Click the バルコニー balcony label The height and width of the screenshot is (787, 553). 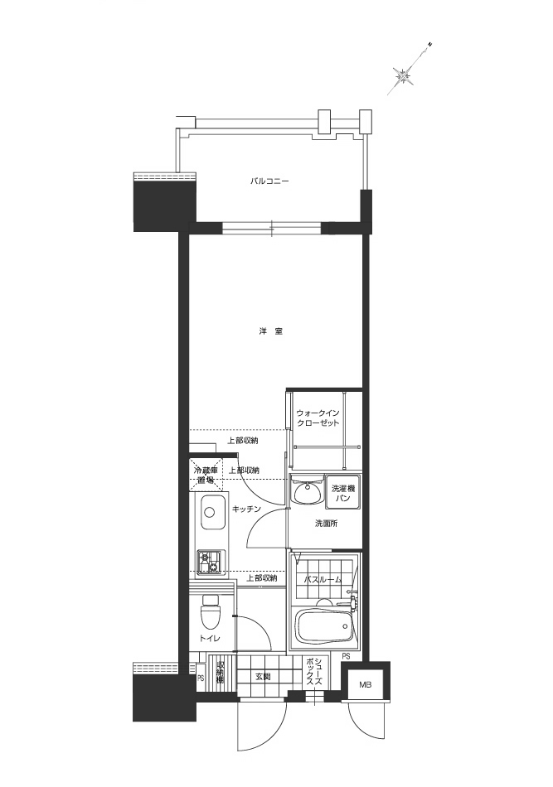(270, 180)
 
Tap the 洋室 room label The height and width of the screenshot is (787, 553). (270, 331)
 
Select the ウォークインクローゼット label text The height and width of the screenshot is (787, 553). (318, 417)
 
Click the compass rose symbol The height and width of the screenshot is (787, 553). (405, 76)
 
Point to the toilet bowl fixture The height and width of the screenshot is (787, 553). (210, 614)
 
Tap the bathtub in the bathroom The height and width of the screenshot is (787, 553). (324, 626)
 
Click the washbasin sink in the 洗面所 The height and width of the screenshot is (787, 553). (307, 493)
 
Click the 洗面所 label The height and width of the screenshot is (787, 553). (325, 524)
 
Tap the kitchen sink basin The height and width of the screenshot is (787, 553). (212, 514)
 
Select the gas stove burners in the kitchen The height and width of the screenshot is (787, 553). (208, 562)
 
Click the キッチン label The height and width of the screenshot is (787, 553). (247, 508)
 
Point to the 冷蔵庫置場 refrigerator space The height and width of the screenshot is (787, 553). (205, 474)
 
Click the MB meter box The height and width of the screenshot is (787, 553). (366, 685)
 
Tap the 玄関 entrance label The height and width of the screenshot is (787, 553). (262, 678)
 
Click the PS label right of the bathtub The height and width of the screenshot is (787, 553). (345, 657)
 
